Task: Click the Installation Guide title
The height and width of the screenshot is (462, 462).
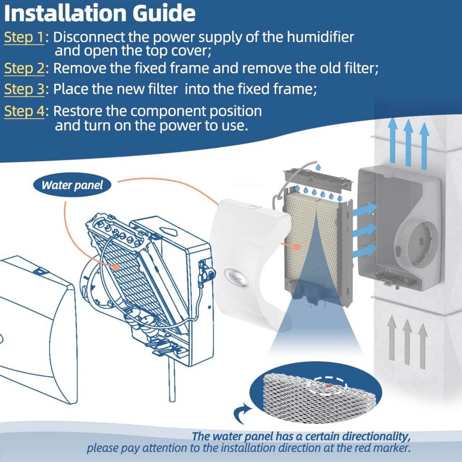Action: tap(99, 13)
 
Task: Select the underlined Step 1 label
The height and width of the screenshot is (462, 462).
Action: tap(24, 37)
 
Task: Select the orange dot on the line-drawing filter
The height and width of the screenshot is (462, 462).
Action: tap(115, 267)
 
